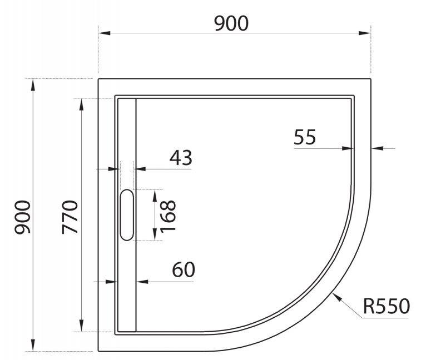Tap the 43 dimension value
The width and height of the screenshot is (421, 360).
tap(180, 158)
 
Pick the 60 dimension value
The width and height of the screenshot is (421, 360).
tap(183, 271)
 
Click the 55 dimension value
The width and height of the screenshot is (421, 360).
tap(305, 136)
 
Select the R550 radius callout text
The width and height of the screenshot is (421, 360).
tap(387, 306)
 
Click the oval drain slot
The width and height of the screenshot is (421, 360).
tap(127, 215)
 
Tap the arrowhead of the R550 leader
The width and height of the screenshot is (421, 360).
tap(333, 294)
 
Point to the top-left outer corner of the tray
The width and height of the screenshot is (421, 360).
tap(98, 79)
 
